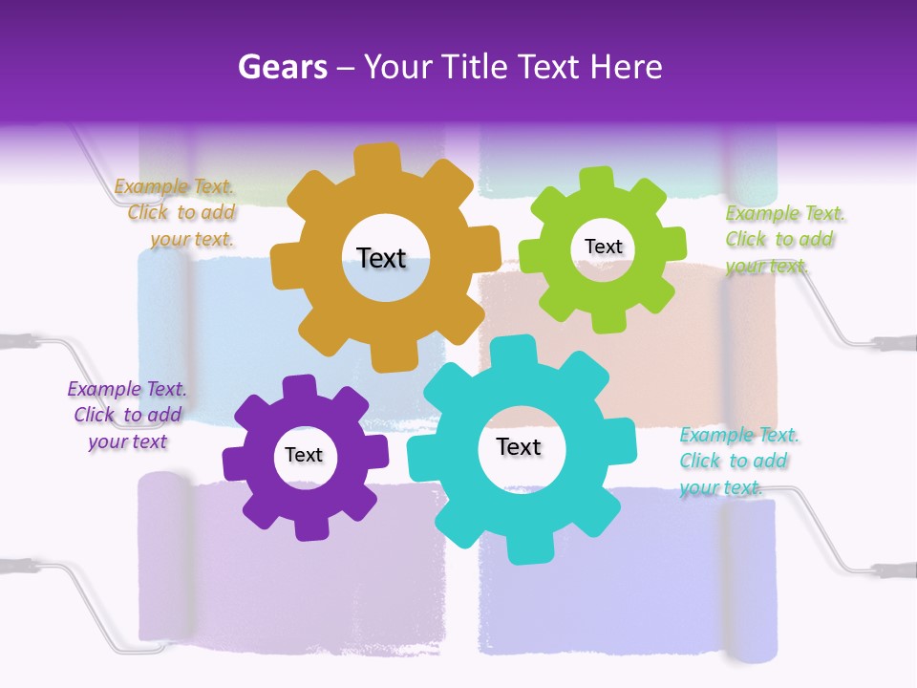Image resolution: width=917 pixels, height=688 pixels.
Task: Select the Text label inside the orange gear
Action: (x=381, y=258)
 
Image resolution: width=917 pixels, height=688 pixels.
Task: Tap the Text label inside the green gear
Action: (x=603, y=247)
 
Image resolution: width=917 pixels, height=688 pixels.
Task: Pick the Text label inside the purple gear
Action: (x=304, y=455)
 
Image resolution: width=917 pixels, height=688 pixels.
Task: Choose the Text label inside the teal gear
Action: (x=519, y=446)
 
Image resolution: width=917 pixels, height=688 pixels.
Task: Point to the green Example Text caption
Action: (x=783, y=240)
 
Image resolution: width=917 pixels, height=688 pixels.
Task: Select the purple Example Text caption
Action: (x=127, y=415)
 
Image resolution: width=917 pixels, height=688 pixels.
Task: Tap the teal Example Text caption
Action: (x=737, y=462)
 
